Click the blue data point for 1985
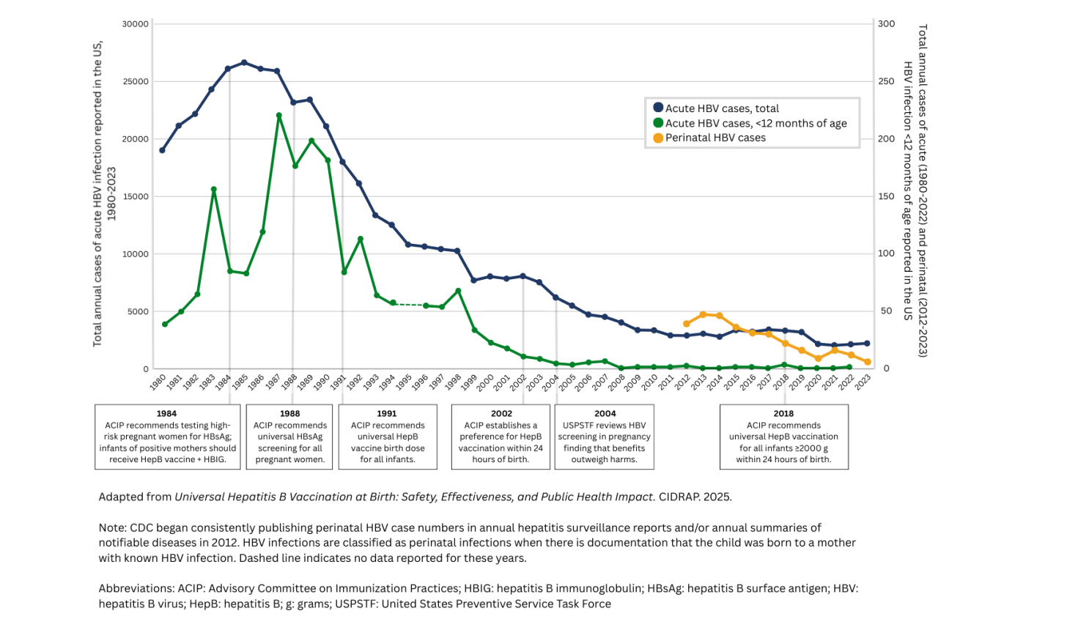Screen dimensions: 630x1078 point(244,62)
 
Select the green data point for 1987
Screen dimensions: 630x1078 point(279,116)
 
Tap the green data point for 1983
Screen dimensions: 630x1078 point(214,190)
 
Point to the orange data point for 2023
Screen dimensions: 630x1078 point(868,362)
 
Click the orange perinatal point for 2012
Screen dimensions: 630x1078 point(687,324)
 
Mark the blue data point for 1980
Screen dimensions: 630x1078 point(162,150)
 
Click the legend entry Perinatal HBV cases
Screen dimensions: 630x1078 point(715,138)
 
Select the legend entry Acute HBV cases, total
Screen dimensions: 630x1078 point(722,108)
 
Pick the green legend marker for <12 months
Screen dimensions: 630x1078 point(658,123)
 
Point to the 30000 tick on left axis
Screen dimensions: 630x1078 point(136,24)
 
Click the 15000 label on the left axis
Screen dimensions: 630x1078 point(136,196)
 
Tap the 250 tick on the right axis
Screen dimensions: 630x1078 point(886,81)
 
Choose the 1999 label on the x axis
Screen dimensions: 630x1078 point(469,382)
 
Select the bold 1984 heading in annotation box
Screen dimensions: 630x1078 point(166,413)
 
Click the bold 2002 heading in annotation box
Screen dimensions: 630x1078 point(501,413)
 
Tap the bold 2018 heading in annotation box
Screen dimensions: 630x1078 point(783,413)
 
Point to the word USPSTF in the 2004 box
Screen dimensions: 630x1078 point(578,425)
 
